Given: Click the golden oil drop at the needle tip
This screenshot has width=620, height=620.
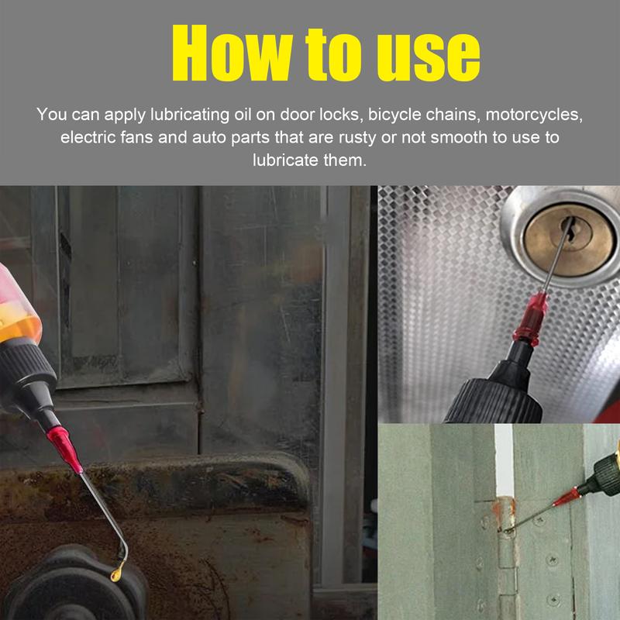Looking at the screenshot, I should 117,574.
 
